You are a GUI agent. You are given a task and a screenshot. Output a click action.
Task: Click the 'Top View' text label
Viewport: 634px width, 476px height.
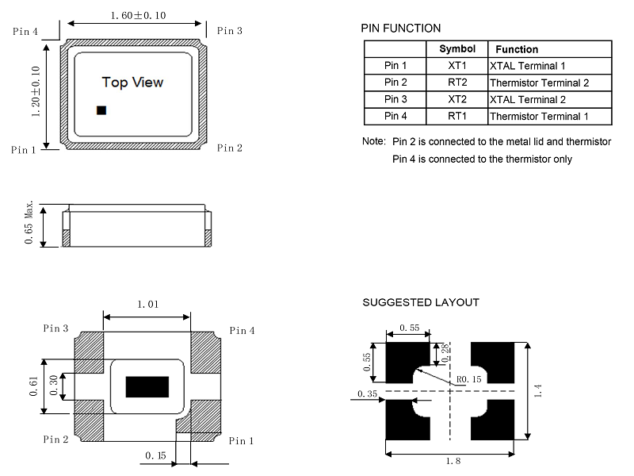click(133, 83)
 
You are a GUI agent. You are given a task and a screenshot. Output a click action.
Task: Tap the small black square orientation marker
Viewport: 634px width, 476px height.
click(101, 110)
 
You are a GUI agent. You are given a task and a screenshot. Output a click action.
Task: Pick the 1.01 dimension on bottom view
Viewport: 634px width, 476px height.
click(147, 304)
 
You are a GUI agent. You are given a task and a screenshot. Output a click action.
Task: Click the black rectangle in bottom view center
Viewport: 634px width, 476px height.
click(148, 386)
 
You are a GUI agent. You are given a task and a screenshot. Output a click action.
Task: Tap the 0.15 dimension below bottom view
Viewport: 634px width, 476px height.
click(155, 455)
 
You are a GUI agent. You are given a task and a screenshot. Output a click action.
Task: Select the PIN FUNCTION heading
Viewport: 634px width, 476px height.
click(401, 29)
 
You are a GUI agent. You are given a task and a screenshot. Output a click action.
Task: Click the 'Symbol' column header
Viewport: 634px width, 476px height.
click(457, 49)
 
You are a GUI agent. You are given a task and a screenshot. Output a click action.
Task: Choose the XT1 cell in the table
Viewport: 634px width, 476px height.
click(457, 66)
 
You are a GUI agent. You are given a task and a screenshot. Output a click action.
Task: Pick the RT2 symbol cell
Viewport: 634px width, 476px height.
click(457, 83)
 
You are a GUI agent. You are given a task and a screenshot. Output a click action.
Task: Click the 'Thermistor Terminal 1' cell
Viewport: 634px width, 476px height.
click(539, 117)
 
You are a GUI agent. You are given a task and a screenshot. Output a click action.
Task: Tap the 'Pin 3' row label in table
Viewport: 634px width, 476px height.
click(395, 100)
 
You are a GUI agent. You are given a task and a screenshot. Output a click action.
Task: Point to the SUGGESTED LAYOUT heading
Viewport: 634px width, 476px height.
click(421, 302)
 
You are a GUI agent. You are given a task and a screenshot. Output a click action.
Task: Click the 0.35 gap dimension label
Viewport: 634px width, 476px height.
click(367, 393)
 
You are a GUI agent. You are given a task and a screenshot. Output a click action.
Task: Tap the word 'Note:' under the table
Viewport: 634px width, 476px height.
click(374, 142)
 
